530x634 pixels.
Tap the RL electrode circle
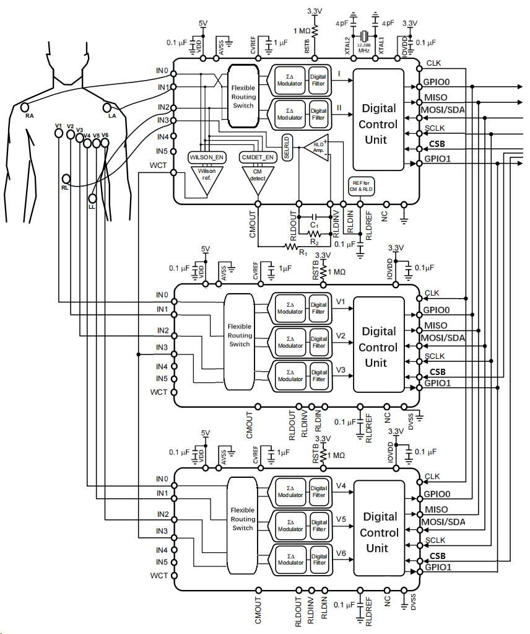[x=66, y=179]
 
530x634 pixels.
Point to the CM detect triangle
[x=258, y=177]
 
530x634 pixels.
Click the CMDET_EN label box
[x=257, y=157]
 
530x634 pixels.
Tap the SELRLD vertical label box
[x=287, y=147]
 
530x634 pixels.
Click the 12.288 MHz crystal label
[x=364, y=48]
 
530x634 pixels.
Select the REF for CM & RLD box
[x=362, y=187]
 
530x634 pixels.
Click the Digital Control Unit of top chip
[x=378, y=124]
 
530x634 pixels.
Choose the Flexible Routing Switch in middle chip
[x=239, y=335]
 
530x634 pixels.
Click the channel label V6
[x=341, y=553]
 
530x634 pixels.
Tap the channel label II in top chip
[x=339, y=107]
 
